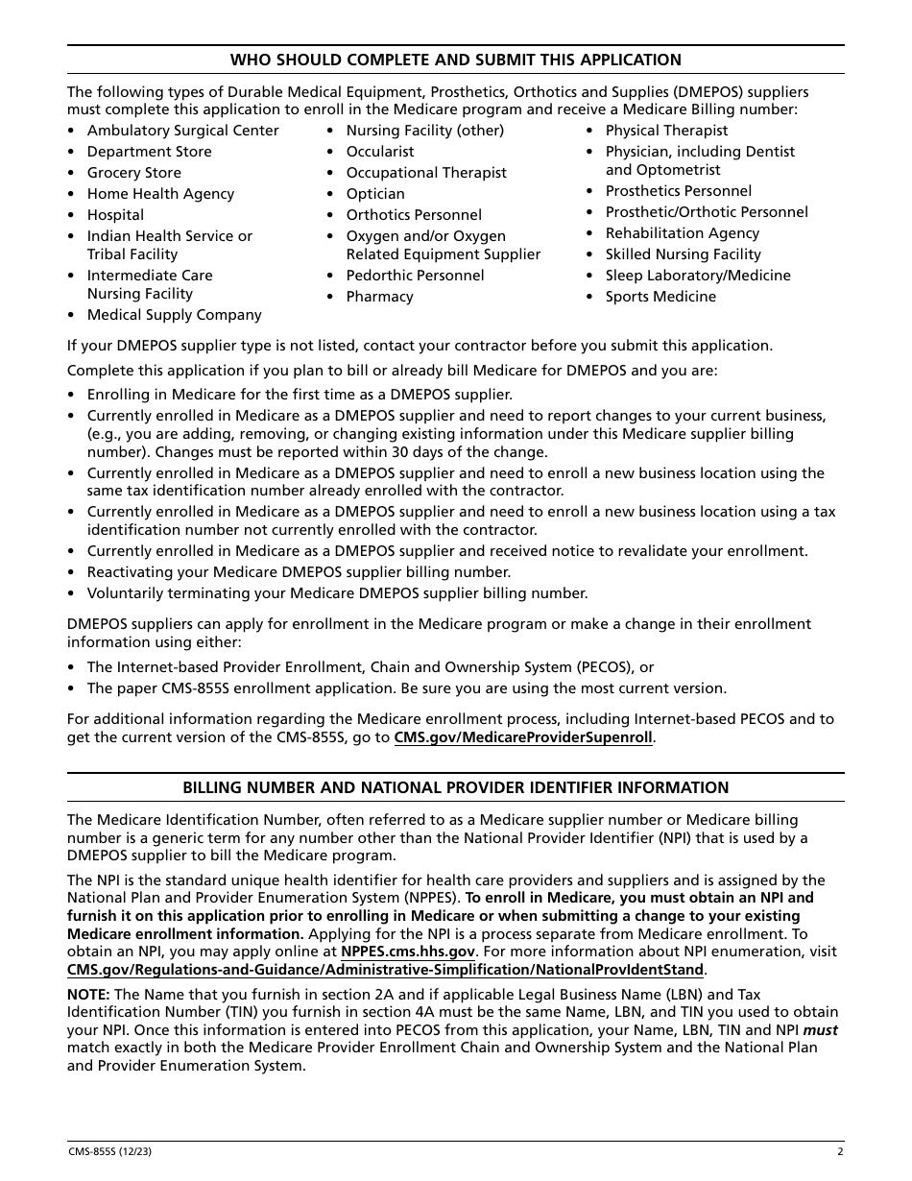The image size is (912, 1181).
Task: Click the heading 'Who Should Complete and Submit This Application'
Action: [455, 60]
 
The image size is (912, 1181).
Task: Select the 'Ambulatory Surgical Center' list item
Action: [182, 131]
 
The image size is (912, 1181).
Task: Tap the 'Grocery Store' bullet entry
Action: [133, 173]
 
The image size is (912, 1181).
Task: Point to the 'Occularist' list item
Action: [380, 152]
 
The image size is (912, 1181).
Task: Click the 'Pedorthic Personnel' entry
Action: [415, 276]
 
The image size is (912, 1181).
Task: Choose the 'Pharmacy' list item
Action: [379, 297]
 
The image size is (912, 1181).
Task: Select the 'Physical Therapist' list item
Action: [666, 131]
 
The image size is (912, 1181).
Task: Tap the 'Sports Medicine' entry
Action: [660, 297]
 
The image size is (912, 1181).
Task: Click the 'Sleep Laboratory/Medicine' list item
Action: [698, 276]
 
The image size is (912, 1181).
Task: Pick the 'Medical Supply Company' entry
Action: [174, 315]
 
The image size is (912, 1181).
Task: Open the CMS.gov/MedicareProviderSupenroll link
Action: [523, 737]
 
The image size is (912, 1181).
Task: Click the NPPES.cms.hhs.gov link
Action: [408, 952]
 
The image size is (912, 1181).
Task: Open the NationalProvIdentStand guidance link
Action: [385, 970]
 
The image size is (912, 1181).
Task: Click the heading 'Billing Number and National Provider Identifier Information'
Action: [455, 787]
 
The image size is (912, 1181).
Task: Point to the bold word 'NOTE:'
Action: [88, 995]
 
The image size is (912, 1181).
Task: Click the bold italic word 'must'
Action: [820, 1030]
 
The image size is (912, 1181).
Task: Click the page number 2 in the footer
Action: [840, 1151]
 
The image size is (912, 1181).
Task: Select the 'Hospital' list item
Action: [115, 215]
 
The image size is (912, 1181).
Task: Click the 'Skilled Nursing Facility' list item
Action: [683, 254]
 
